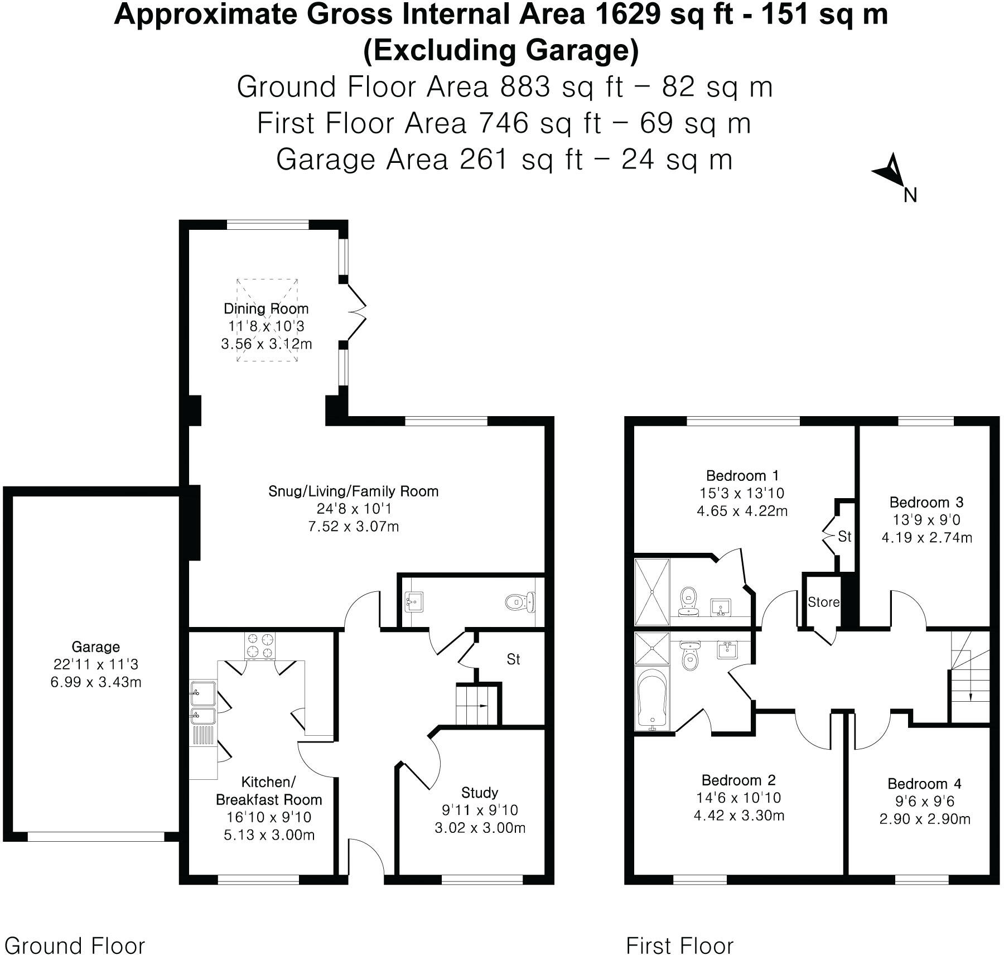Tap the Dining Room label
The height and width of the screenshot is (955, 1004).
(x=266, y=308)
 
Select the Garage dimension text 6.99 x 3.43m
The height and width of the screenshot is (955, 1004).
(x=96, y=682)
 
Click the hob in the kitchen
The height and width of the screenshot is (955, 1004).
(x=260, y=646)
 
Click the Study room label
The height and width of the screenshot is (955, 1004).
(x=480, y=792)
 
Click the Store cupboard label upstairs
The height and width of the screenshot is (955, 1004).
(x=823, y=602)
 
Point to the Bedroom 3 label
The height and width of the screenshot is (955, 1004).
(x=926, y=502)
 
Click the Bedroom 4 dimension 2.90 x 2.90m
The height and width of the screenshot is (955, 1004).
(x=925, y=819)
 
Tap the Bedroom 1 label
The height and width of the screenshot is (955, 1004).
(x=742, y=476)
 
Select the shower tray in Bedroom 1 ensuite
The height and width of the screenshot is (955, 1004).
(x=652, y=592)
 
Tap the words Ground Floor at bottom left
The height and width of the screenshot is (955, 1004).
(x=75, y=930)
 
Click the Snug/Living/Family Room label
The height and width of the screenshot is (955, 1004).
(x=354, y=491)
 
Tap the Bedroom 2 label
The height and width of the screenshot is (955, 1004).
(x=739, y=780)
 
